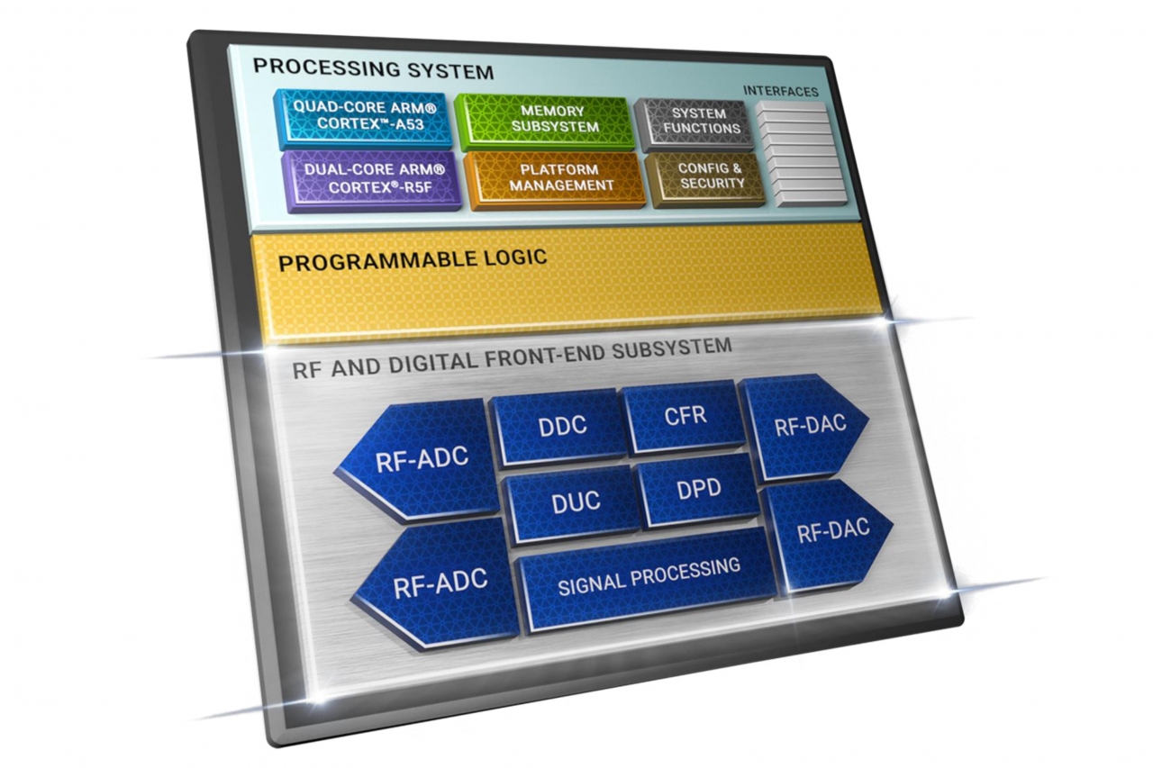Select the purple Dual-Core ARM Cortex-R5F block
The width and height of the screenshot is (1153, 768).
[370, 180]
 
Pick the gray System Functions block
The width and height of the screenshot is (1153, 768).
[699, 122]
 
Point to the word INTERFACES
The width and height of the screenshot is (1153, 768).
[780, 92]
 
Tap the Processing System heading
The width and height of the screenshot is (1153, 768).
[373, 68]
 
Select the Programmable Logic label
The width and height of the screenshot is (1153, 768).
[412, 260]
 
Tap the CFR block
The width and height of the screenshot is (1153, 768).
[685, 416]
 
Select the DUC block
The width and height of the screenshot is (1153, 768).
[575, 502]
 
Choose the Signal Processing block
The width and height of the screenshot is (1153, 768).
[649, 576]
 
